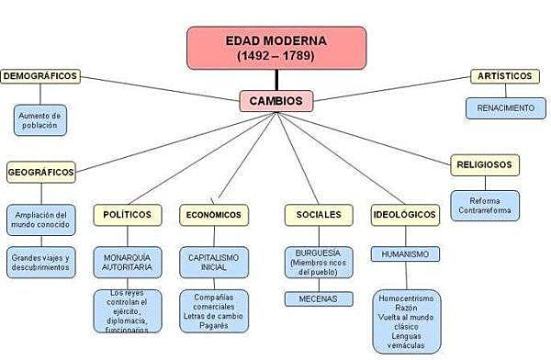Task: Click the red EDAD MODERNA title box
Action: pyautogui.click(x=276, y=48)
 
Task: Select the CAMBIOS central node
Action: pyautogui.click(x=275, y=100)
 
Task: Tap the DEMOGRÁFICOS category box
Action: pyautogui.click(x=40, y=75)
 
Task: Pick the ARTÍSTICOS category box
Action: pyautogui.click(x=505, y=75)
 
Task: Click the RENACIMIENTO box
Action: pyautogui.click(x=505, y=107)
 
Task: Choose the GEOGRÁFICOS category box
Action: pyautogui.click(x=40, y=172)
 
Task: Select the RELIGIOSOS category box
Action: pyautogui.click(x=484, y=165)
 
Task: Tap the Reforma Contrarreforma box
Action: pyautogui.click(x=484, y=205)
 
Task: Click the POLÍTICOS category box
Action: pyautogui.click(x=128, y=214)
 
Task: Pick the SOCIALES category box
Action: pyautogui.click(x=318, y=214)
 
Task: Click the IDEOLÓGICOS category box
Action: pyautogui.click(x=405, y=215)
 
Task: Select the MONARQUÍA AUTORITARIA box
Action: pyautogui.click(x=128, y=261)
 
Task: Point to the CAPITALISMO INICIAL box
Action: pyautogui.click(x=213, y=261)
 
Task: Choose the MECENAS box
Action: pyautogui.click(x=318, y=298)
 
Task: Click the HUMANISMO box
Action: pyautogui.click(x=405, y=253)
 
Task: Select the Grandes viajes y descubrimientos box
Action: pyautogui.click(x=40, y=263)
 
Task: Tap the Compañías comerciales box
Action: pyautogui.click(x=213, y=310)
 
